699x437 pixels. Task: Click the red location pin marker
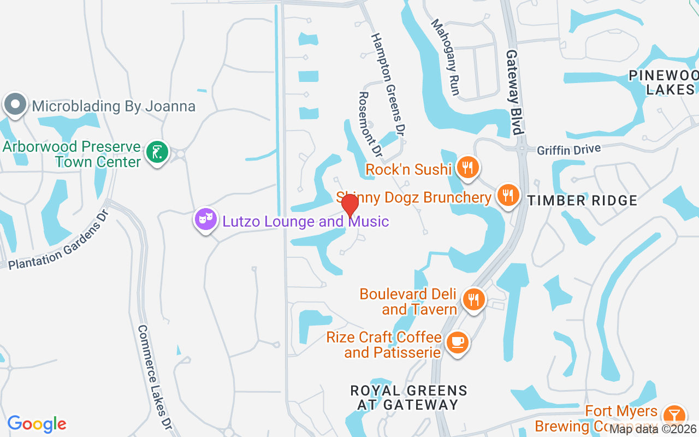[349, 206]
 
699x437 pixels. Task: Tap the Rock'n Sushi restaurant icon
[467, 167]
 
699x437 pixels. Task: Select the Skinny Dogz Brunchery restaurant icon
[508, 195]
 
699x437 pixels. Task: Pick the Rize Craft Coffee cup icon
[457, 342]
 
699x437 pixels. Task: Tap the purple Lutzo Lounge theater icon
[206, 220]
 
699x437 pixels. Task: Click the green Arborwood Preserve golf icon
[158, 152]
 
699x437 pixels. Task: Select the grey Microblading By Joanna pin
[15, 104]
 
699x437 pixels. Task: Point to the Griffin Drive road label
[568, 149]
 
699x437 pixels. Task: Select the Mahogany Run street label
[446, 57]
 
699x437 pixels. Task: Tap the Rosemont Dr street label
[369, 123]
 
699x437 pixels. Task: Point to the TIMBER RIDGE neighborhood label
[582, 200]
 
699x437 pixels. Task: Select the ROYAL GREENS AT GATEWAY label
[408, 398]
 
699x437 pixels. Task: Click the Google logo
[37, 423]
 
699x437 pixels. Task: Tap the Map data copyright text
[653, 429]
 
